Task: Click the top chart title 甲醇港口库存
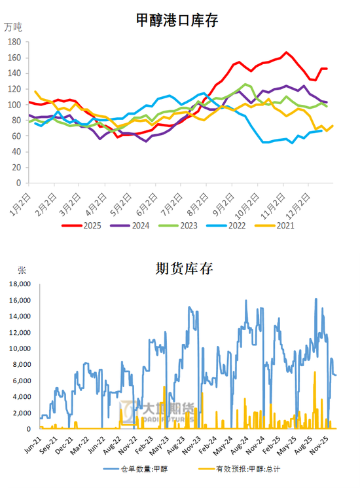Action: pyautogui.click(x=176, y=20)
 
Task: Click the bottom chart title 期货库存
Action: pyautogui.click(x=184, y=268)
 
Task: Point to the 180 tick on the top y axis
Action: pyautogui.click(x=15, y=41)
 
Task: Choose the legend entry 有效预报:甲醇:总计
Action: pyautogui.click(x=249, y=470)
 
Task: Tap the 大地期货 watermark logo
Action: pyautogui.click(x=157, y=411)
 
